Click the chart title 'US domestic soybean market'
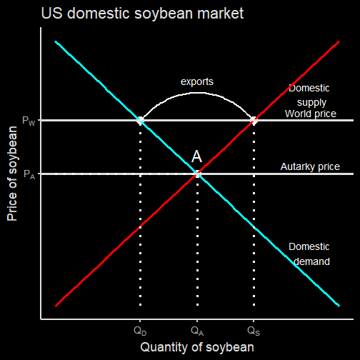pos(142,13)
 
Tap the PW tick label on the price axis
pos(29,121)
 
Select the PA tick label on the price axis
pos(29,174)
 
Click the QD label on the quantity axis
pos(140,331)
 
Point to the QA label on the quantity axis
pos(197,331)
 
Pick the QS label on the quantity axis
pos(254,331)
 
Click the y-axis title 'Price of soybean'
pos(12,174)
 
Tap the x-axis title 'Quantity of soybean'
pos(197,347)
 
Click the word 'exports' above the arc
pos(197,81)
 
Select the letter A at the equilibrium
pos(196,156)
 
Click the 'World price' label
pos(311,114)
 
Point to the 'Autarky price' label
pos(310,166)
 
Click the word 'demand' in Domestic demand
pos(311,261)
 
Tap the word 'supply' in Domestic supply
pos(311,103)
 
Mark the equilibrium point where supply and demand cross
pos(197,174)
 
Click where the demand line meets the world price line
pos(140,120)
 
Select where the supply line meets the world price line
pos(254,120)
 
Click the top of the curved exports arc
pos(197,93)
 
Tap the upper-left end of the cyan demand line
pos(56,41)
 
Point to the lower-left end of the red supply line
pos(56,306)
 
